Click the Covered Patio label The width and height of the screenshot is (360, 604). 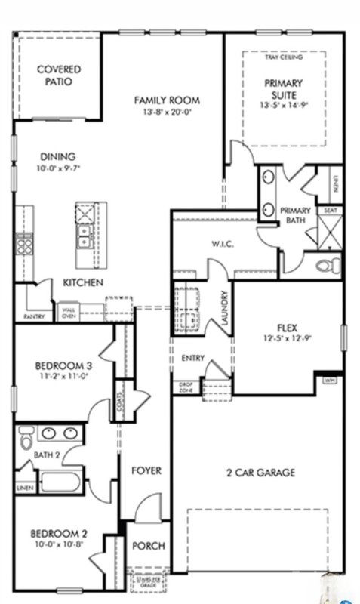coord(59,75)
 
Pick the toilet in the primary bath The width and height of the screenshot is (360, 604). coord(326,266)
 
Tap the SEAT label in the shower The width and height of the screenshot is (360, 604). coord(330,211)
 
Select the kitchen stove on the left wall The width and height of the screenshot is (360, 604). coord(23,245)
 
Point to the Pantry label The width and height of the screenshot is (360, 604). coord(34,316)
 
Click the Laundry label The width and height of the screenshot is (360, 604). coord(224,309)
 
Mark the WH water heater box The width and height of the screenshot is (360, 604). coord(330,380)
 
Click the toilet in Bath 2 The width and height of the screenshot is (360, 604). coord(24,436)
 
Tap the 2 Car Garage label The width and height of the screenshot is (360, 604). coord(260,473)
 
